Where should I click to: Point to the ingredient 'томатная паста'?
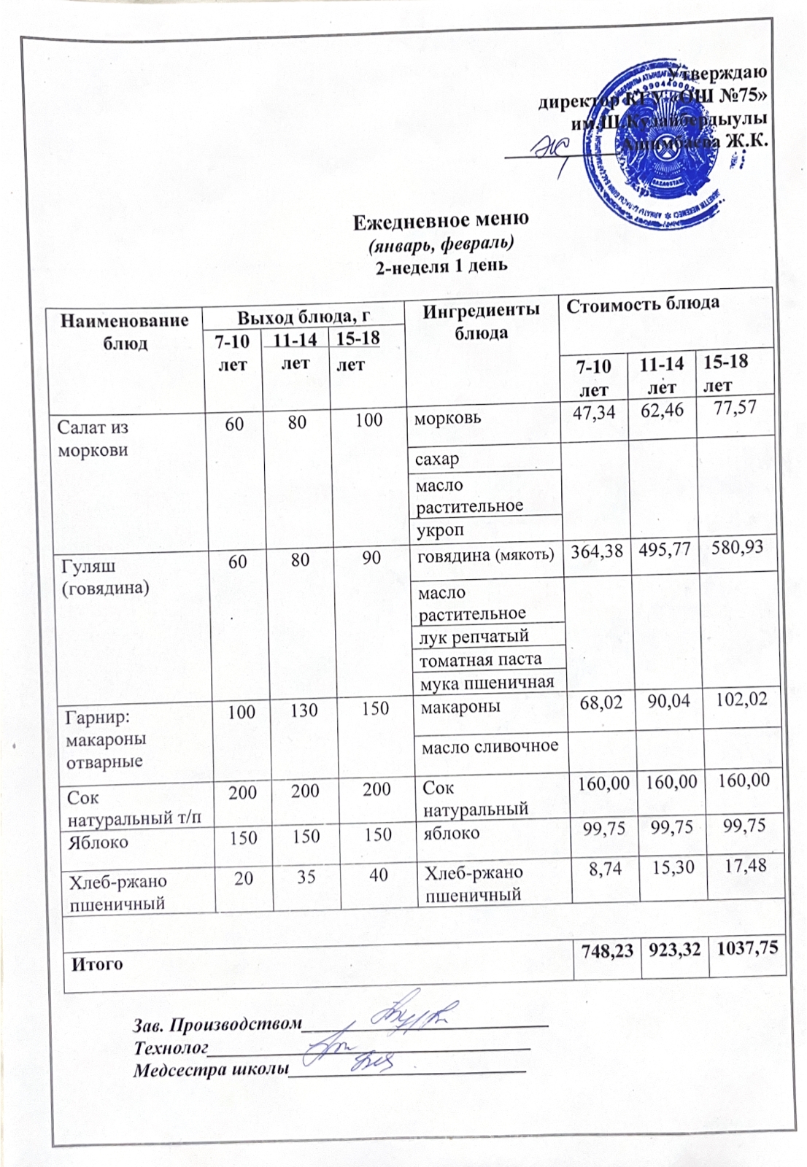pos(479,659)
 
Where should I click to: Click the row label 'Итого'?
pos(97,964)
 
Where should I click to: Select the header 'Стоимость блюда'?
pos(643,303)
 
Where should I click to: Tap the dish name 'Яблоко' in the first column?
pos(99,842)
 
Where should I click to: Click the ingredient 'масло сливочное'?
pos(490,745)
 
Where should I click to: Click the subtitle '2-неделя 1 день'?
pos(441,265)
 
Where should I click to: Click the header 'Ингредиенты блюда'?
pos(482,321)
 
